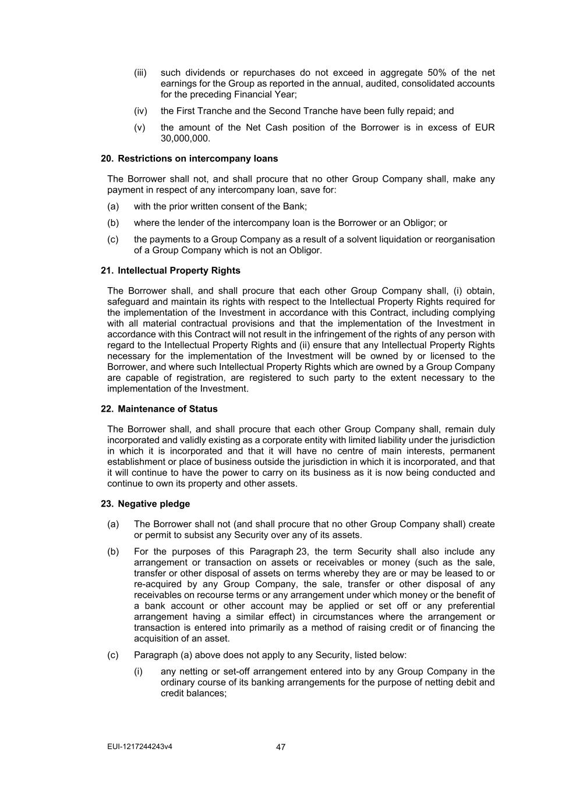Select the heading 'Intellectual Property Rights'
pos(179,270)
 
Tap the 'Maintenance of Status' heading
pos(167,409)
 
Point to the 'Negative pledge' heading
pos(154,503)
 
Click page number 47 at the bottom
pos(281,747)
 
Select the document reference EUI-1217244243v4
pos(140,747)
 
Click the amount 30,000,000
pos(185,139)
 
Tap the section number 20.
pos(107,158)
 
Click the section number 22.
pos(107,409)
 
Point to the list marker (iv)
pos(140,111)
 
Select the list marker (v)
pos(140,128)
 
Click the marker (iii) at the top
pos(140,73)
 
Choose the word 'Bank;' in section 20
pos(295,206)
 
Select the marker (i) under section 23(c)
pos(139,672)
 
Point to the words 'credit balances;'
pos(193,693)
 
